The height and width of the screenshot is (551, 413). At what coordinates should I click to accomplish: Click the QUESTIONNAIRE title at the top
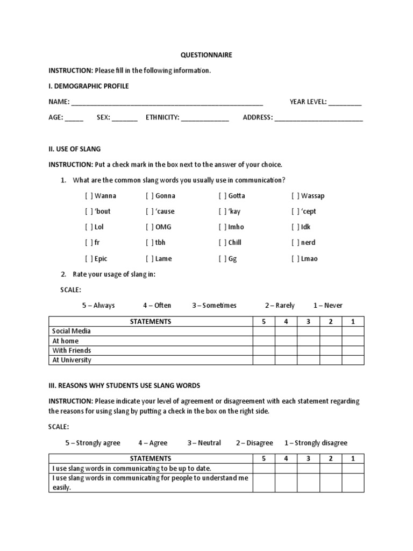[x=206, y=55]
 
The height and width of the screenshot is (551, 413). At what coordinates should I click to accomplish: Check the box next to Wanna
[x=89, y=196]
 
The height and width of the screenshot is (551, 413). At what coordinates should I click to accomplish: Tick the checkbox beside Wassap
[x=295, y=196]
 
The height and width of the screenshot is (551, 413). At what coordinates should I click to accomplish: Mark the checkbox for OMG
[x=149, y=227]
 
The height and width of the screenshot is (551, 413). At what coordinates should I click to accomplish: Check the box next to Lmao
[x=295, y=259]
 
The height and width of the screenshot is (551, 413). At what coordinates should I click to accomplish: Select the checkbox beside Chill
[x=222, y=243]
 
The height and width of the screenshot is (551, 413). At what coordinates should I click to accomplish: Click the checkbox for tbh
[x=149, y=243]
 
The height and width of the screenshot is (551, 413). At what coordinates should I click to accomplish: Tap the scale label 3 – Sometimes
[x=214, y=306]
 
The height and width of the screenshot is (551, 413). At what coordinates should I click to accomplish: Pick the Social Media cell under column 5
[x=264, y=331]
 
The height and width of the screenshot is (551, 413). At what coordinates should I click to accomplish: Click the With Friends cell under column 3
[x=309, y=351]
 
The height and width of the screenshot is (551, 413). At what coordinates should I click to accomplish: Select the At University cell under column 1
[x=353, y=361]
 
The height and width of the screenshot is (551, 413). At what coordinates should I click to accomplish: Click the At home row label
[x=65, y=341]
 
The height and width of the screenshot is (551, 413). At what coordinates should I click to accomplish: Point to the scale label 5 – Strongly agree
[x=93, y=443]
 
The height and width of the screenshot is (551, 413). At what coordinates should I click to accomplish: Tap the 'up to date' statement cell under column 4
[x=286, y=469]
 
